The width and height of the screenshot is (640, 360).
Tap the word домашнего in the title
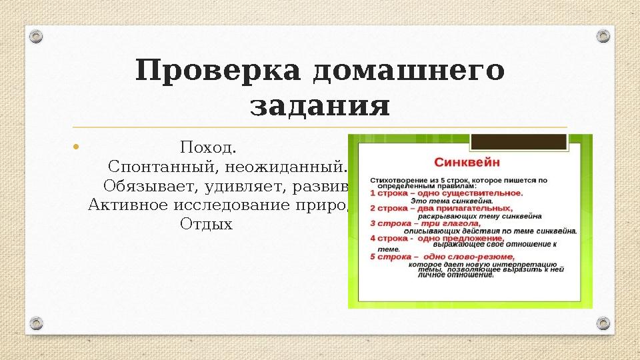coord(408,71)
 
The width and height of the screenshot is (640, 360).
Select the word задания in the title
coord(319,107)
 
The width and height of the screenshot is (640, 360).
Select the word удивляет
coord(240,185)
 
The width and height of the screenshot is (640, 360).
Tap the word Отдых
coord(206,224)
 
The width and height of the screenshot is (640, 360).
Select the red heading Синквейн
coord(467,163)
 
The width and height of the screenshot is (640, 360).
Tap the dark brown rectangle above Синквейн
coord(519,142)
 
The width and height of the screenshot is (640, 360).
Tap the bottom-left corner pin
coord(37,324)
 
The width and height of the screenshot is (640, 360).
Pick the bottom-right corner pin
coord(603,324)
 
